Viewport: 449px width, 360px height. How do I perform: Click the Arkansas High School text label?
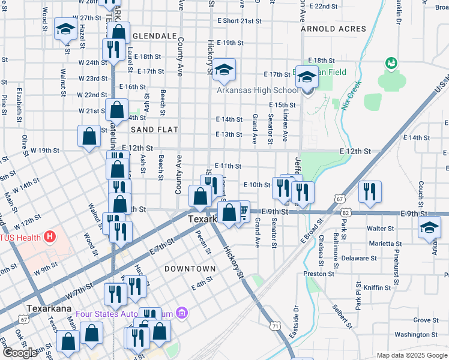click(x=257, y=90)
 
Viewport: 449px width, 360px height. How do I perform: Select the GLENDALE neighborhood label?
click(x=154, y=36)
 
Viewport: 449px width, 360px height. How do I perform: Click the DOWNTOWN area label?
click(x=190, y=268)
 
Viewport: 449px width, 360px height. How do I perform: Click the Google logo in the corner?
click(x=20, y=353)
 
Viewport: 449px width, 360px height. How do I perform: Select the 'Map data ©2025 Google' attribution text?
click(x=411, y=355)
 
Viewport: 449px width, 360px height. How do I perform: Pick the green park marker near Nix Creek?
click(x=392, y=62)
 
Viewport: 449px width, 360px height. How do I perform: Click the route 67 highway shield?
click(x=340, y=198)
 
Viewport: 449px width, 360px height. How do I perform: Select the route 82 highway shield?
click(x=348, y=212)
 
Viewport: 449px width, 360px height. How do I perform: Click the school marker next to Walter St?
click(x=429, y=228)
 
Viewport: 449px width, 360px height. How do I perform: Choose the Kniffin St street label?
click(x=379, y=288)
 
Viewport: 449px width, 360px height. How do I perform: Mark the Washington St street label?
click(x=417, y=335)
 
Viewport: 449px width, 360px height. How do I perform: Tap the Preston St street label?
click(x=319, y=273)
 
